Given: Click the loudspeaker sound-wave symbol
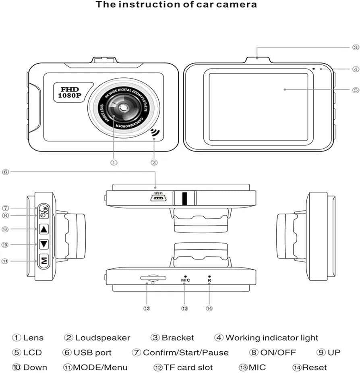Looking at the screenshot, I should point(155,133).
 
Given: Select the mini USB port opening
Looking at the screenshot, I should point(156,199).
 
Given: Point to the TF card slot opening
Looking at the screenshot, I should point(153,278).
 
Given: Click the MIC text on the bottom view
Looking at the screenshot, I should point(185,280).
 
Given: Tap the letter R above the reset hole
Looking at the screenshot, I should point(209,280).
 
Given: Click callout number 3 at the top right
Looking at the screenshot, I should point(356,47).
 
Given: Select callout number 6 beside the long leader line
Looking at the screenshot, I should point(5,172).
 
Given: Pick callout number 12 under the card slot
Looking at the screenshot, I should point(147,309).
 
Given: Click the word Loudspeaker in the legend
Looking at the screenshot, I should point(103,338).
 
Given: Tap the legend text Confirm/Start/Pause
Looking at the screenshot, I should point(186,352).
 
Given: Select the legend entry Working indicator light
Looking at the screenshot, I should point(271,338).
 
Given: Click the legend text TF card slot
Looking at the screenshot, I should point(188,367).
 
